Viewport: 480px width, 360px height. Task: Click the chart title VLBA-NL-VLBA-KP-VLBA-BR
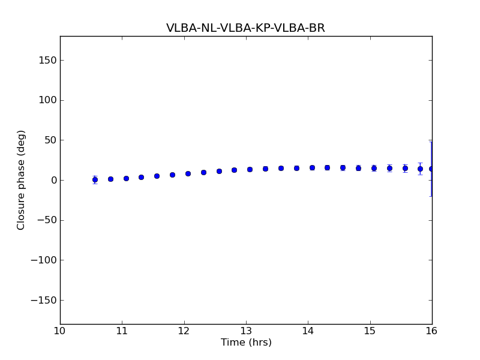pyautogui.click(x=245, y=28)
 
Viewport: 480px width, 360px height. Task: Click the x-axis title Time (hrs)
pyautogui.click(x=246, y=343)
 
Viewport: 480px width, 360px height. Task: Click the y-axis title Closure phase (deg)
pyautogui.click(x=22, y=180)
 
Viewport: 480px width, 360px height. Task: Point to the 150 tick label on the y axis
pyautogui.click(x=47, y=60)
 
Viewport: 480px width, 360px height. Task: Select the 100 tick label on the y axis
pyautogui.click(x=47, y=100)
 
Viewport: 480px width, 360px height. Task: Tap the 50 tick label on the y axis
pyautogui.click(x=49, y=140)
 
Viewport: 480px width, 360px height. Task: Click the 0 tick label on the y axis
pyautogui.click(x=52, y=180)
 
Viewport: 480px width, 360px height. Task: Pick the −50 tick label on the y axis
pyautogui.click(x=44, y=220)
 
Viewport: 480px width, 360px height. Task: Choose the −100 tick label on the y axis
pyautogui.click(x=42, y=260)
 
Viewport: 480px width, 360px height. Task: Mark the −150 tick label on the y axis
pyautogui.click(x=42, y=300)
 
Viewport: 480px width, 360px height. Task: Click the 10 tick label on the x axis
pyautogui.click(x=60, y=331)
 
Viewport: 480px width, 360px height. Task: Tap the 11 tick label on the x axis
pyautogui.click(x=122, y=331)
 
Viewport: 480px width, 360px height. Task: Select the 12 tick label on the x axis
pyautogui.click(x=184, y=331)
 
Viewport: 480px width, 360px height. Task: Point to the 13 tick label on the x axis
pyautogui.click(x=246, y=331)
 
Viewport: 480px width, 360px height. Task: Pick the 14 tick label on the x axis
pyautogui.click(x=308, y=331)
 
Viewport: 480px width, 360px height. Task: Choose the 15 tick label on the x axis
pyautogui.click(x=370, y=331)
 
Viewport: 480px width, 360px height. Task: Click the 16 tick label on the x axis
pyautogui.click(x=432, y=331)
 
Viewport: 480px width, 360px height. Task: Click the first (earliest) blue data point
pyautogui.click(x=95, y=179)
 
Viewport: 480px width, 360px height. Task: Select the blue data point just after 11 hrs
pyautogui.click(x=126, y=178)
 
